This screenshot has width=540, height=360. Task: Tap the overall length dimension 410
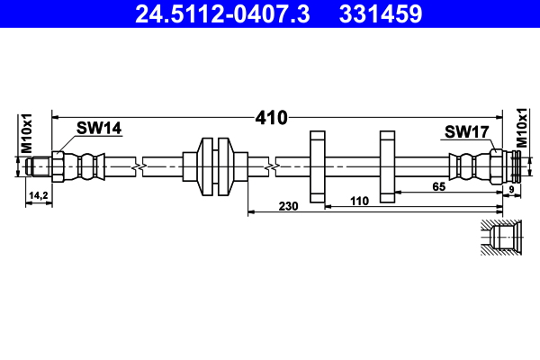270,117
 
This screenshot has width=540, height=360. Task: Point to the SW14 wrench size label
98,129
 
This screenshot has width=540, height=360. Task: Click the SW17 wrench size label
465,132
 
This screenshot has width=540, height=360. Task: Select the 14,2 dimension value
38,194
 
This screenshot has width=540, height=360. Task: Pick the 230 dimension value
288,206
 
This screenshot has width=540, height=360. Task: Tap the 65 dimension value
440,186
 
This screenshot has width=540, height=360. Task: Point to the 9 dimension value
511,189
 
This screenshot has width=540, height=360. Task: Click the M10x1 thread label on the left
27,133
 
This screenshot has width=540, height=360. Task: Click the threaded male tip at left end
38,166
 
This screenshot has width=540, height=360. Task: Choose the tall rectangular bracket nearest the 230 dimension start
317,166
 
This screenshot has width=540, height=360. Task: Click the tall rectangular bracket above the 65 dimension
388,166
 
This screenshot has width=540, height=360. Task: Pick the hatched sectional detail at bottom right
500,238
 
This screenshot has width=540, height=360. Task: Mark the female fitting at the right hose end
504,166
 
